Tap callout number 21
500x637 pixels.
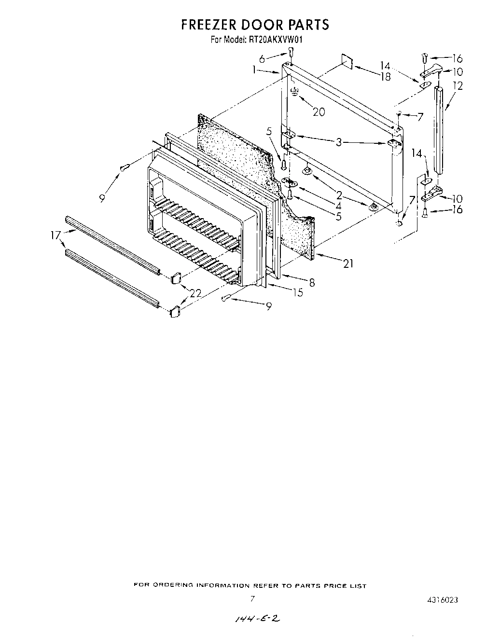tap(348, 263)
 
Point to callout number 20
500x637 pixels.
tap(319, 112)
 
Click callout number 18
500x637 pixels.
tap(385, 76)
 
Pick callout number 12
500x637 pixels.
tap(458, 86)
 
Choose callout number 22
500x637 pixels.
tap(195, 293)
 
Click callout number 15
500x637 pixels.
tap(298, 292)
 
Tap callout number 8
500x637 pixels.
tap(312, 283)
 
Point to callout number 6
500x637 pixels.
tap(262, 59)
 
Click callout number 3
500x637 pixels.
tap(339, 142)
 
